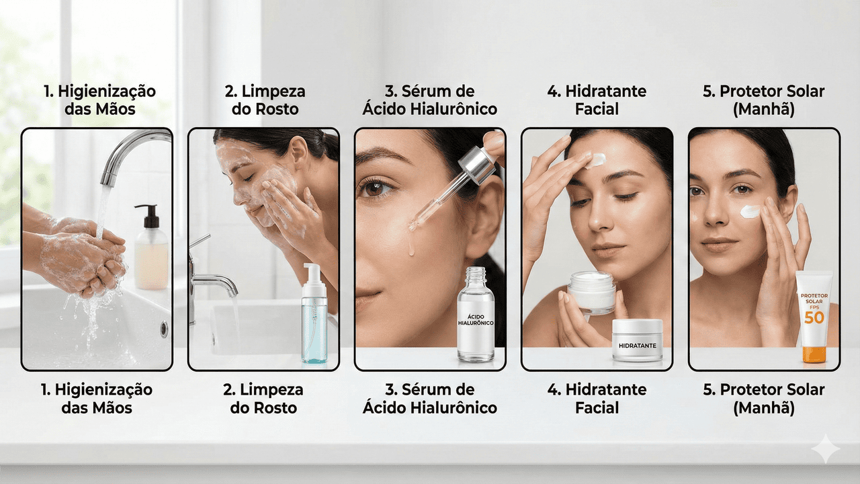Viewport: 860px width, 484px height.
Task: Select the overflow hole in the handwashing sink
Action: pyautogui.click(x=164, y=329)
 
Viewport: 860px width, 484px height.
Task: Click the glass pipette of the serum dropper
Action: pyautogui.click(x=438, y=202)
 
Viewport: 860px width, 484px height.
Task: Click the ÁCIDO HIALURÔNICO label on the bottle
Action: pyautogui.click(x=475, y=319)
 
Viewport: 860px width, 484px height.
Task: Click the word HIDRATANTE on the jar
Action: pyautogui.click(x=638, y=346)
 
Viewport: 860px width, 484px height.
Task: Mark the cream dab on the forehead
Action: pyautogui.click(x=595, y=160)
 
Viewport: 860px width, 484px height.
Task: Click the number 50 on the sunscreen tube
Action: pyautogui.click(x=814, y=318)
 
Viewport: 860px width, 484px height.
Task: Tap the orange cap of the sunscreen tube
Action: pyautogui.click(x=814, y=354)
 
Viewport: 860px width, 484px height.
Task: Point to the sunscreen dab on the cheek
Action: pyautogui.click(x=750, y=211)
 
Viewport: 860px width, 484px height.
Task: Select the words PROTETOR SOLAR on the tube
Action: pyautogui.click(x=814, y=298)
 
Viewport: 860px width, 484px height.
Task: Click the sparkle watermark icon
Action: pyautogui.click(x=826, y=448)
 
